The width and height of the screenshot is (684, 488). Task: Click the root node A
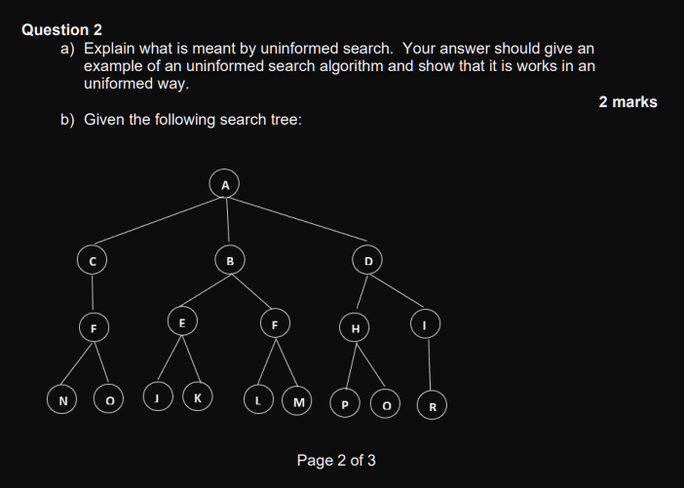(225, 183)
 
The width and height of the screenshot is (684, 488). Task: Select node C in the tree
(93, 260)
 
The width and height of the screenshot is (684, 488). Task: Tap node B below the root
(230, 260)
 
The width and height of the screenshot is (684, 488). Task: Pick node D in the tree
(368, 260)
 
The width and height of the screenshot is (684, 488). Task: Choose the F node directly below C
(93, 328)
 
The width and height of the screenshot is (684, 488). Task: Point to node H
(356, 328)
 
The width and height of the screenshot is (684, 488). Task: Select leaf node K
(199, 397)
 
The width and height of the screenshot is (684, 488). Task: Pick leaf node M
(297, 400)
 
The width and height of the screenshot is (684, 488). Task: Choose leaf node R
(432, 404)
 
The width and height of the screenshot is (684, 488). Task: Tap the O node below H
(387, 402)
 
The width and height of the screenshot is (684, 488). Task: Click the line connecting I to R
(429, 362)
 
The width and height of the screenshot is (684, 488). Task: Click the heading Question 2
(61, 29)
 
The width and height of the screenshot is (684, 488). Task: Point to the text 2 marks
(627, 101)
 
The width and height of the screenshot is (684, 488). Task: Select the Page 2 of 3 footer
(336, 460)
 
